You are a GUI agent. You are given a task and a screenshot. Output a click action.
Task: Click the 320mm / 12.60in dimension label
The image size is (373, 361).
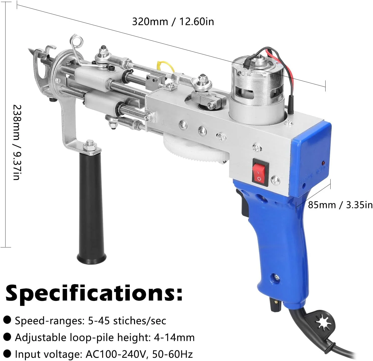click(173, 22)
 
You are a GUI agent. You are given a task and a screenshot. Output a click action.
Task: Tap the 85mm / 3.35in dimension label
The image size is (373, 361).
click(340, 205)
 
